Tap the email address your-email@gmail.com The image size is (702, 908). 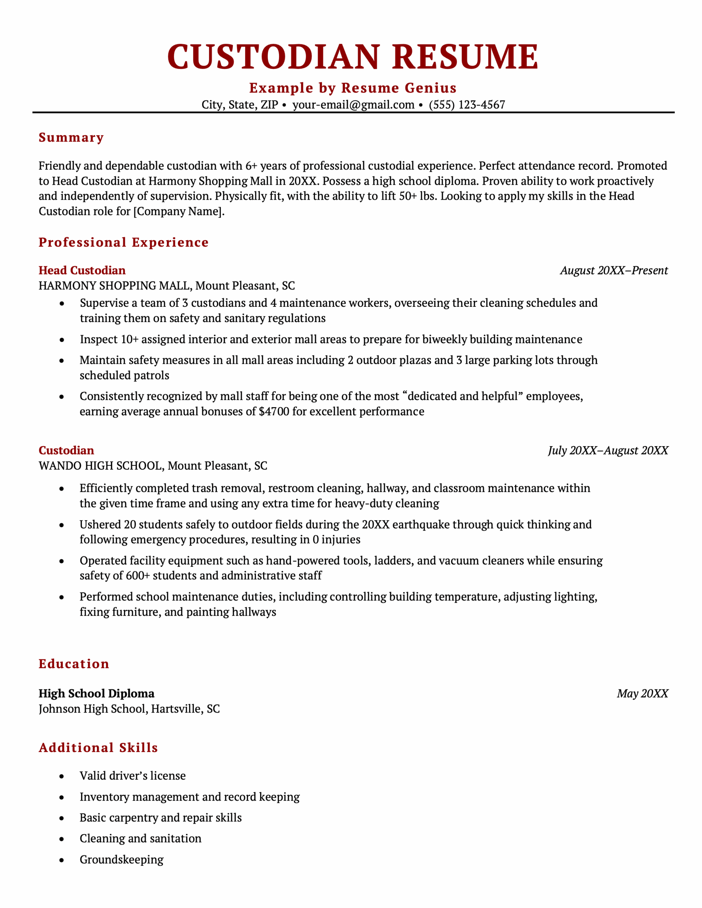point(353,105)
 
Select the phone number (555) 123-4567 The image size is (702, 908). point(467,105)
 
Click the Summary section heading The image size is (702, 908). point(71,138)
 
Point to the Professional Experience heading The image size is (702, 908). point(124,242)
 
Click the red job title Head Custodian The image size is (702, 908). point(82,271)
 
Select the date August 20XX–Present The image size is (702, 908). point(614,271)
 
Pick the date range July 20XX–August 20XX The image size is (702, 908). point(608,451)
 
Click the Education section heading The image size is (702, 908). point(74,664)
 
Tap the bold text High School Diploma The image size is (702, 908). point(97,693)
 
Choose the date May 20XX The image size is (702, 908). point(642,693)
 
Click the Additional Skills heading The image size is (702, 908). point(98,748)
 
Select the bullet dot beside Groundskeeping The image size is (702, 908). point(62,860)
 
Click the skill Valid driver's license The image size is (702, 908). point(132,776)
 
